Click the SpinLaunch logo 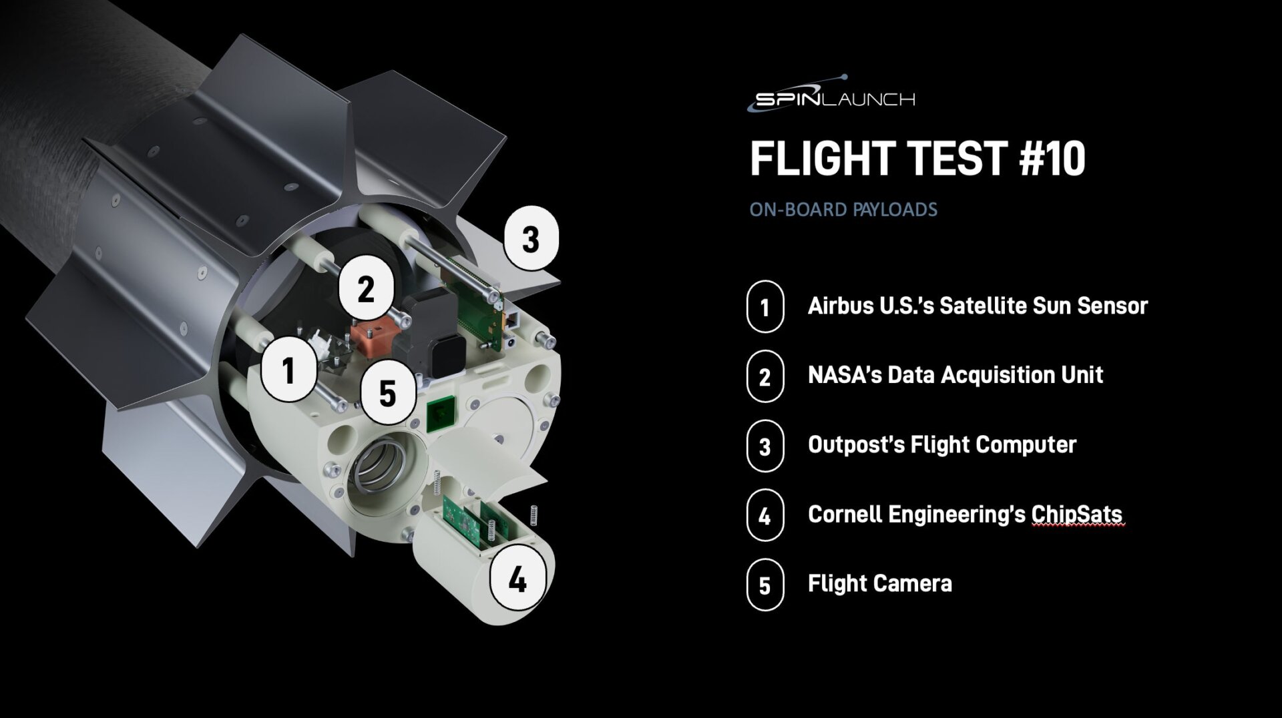(831, 97)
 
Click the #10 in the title (1052, 159)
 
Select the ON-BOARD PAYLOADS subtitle (843, 210)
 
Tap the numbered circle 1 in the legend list (765, 307)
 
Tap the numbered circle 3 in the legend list (765, 446)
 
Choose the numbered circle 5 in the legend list (765, 585)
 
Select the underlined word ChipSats (1076, 514)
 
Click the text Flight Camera (879, 584)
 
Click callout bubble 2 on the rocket (365, 289)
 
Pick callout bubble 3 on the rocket (531, 239)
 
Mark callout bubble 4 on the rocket (517, 579)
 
